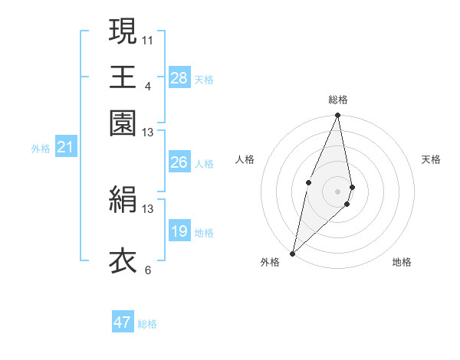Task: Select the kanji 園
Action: point(123,123)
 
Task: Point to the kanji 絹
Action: point(123,199)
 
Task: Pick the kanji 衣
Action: point(123,260)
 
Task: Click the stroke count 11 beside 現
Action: point(147,38)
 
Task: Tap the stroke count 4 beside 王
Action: point(147,85)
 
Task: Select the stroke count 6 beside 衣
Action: point(147,270)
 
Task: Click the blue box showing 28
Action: point(179,77)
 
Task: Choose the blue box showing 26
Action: point(179,162)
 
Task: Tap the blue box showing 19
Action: point(179,231)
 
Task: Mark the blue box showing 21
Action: point(65,148)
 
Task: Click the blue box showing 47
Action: point(123,322)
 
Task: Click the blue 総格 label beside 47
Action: point(148,324)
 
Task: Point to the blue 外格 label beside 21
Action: point(41,149)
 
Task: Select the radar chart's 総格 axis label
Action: point(338,100)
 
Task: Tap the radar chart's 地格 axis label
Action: point(402,263)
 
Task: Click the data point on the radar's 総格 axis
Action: point(338,116)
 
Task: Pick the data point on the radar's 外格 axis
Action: point(293,253)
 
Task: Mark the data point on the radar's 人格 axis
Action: point(308,182)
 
